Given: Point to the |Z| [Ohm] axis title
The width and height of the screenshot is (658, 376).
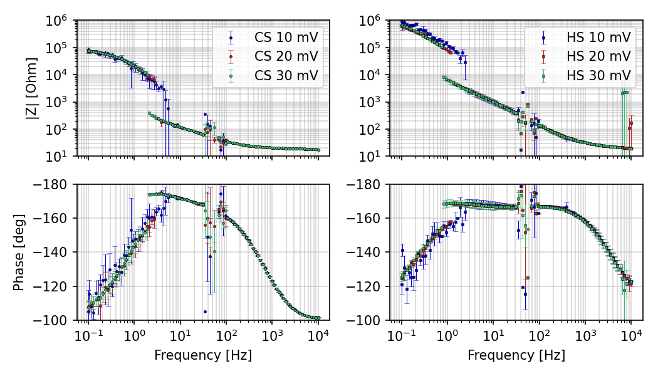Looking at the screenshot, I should click(31, 88).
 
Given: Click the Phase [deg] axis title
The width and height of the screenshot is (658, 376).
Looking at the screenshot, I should click(19, 252).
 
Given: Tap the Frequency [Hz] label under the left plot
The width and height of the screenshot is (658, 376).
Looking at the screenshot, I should click(203, 355).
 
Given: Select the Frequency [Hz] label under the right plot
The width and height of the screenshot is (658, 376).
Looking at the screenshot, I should click(516, 355).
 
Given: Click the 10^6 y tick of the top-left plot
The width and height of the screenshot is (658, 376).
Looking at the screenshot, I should click(58, 21).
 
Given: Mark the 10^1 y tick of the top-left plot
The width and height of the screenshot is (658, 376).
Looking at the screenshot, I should click(58, 156).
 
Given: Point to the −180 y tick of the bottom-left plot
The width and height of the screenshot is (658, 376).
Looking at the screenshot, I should click(54, 184).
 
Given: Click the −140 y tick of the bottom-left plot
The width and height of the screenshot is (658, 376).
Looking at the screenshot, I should click(54, 253).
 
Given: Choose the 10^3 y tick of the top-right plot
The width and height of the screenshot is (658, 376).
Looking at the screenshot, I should click(371, 102).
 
